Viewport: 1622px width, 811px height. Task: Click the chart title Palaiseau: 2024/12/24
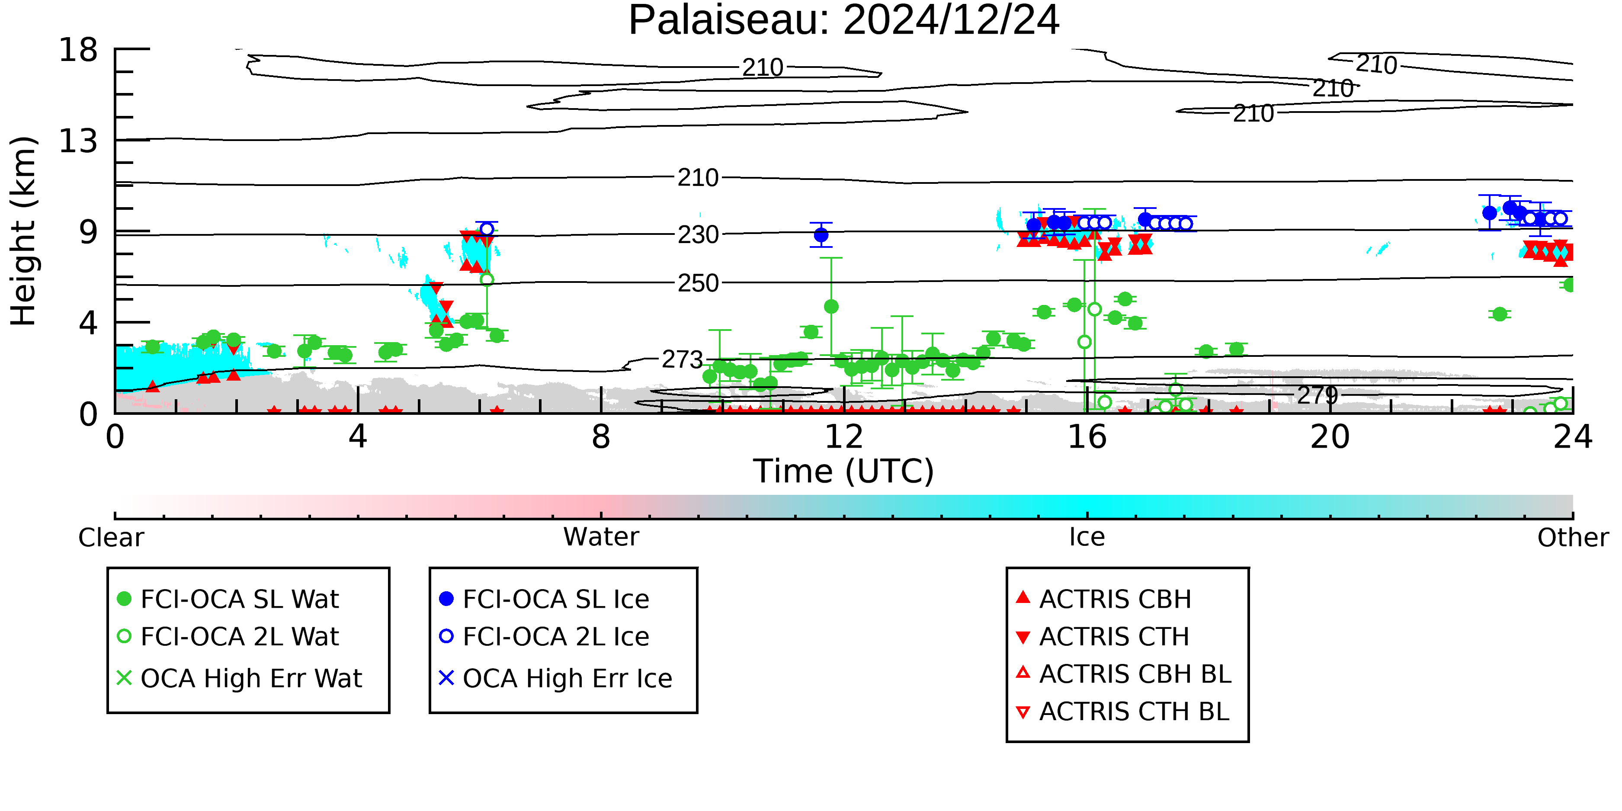tap(844, 20)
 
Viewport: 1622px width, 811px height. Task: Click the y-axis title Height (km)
tap(23, 231)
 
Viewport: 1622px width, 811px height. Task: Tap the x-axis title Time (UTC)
tap(844, 471)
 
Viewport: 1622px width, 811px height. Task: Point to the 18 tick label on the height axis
tap(79, 50)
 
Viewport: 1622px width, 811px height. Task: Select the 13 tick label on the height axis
tap(79, 141)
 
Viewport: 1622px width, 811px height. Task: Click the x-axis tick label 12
tap(844, 437)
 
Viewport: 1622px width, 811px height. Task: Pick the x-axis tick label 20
tap(1330, 437)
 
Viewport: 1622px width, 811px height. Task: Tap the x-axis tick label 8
tap(601, 437)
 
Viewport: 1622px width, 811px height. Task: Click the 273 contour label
tap(682, 359)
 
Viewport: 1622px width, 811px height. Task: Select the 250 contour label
tap(698, 283)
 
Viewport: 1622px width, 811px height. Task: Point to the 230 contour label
tap(698, 235)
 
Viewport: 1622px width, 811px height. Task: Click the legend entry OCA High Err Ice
tap(555, 679)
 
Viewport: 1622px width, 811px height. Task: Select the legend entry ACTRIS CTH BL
tap(1123, 712)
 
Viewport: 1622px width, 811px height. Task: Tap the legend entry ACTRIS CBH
tap(1104, 599)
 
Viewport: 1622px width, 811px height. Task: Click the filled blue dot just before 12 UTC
tap(821, 235)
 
